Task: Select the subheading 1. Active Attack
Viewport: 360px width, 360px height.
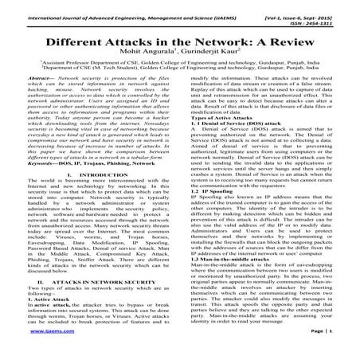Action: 34,295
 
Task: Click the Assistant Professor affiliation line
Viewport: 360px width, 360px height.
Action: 180,61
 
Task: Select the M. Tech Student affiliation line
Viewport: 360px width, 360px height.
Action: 180,68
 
